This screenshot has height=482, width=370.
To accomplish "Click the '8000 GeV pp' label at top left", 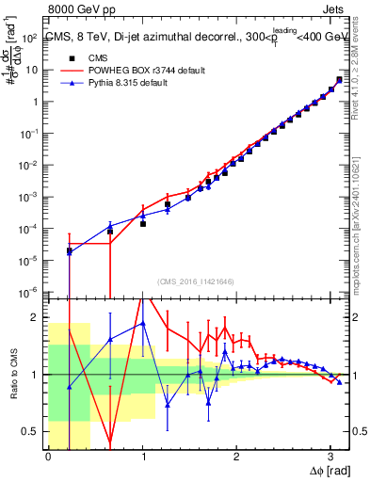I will pyautogui.click(x=83, y=8).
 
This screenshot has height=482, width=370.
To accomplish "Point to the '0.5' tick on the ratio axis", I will pyautogui.click(x=33, y=431).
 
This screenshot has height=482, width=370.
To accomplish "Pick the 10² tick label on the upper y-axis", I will pyautogui.click(x=31, y=38).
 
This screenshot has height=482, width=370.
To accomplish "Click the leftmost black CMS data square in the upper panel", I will pyautogui.click(x=70, y=250).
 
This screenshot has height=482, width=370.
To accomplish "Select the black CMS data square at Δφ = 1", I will pyautogui.click(x=143, y=224).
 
